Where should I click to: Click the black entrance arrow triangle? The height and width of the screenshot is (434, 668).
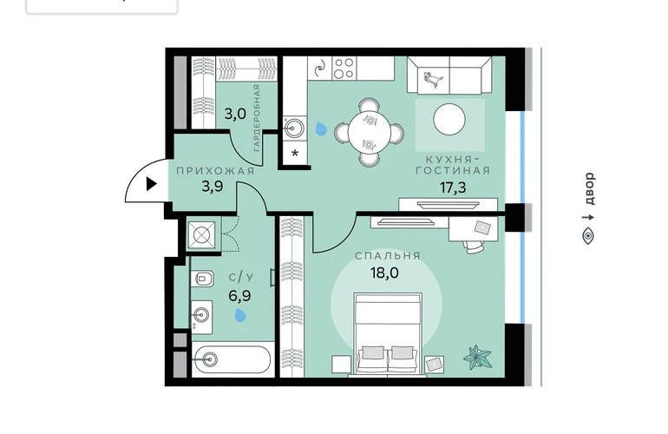click(x=151, y=184)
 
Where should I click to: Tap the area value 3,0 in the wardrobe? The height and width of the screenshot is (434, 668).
click(x=235, y=114)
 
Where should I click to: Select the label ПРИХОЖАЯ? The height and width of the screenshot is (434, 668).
click(x=215, y=171)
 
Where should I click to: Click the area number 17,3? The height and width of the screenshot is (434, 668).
click(x=453, y=187)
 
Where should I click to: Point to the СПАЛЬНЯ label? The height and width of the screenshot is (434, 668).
click(x=388, y=256)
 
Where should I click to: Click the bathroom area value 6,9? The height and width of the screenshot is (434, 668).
click(x=239, y=295)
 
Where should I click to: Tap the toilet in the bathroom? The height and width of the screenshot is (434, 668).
click(x=204, y=279)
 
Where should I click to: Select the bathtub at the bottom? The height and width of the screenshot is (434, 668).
click(x=232, y=360)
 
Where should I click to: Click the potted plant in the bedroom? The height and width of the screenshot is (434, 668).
click(x=477, y=358)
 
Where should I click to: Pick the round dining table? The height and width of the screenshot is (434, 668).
click(x=370, y=132)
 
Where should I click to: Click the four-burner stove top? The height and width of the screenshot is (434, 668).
click(x=344, y=69)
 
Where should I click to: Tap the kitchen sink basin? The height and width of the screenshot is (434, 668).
click(x=294, y=128)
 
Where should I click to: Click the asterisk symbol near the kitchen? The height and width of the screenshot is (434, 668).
click(x=295, y=153)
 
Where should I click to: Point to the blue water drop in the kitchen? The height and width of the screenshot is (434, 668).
click(x=321, y=128)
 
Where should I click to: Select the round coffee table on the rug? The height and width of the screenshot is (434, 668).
click(x=449, y=120)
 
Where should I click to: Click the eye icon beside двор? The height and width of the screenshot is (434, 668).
click(x=588, y=236)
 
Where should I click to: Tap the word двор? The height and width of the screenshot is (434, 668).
click(x=589, y=188)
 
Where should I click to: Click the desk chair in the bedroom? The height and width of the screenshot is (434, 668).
click(x=474, y=247)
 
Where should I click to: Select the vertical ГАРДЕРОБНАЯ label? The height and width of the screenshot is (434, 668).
click(x=257, y=118)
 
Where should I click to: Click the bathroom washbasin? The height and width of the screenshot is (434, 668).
click(x=201, y=315)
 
